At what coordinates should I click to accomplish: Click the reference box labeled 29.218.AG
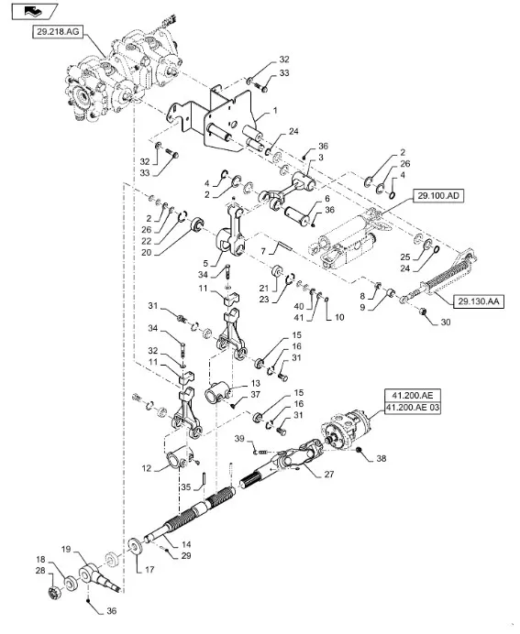pos(58,31)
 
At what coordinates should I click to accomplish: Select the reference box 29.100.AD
pos(438,196)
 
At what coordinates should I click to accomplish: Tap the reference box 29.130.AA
pos(479,301)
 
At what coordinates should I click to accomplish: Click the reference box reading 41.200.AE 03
pos(413,407)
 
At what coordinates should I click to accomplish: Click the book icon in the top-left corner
pos(35,12)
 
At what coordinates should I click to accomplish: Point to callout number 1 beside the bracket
pos(275,110)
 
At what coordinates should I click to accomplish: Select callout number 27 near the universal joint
pos(329,474)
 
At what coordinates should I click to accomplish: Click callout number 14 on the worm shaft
pos(186,544)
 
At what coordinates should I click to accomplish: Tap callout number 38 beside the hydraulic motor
pos(382,458)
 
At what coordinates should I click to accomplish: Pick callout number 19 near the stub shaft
pos(66,549)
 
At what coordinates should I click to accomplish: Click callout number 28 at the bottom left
pos(40,571)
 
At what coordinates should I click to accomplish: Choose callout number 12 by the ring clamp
pos(147,468)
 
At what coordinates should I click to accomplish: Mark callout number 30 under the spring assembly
pos(446,322)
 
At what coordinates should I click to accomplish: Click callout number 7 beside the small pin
pos(263,252)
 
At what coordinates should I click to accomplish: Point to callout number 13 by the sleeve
pos(256,383)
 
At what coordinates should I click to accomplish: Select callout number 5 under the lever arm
pos(205,264)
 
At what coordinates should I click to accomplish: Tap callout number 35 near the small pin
pos(186,486)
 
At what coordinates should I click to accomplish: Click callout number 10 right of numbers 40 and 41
pos(339,317)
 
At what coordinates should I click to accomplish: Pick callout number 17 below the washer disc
pos(149,570)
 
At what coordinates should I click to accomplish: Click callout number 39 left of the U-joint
pos(239,439)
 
